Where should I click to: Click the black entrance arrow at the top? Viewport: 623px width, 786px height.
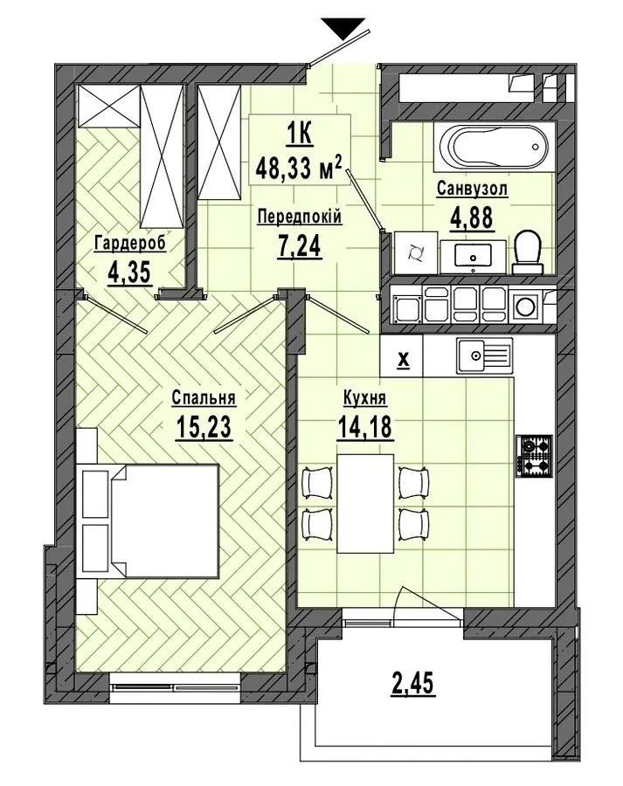coord(343,29)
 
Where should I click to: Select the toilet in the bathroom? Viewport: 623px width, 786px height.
coord(528,252)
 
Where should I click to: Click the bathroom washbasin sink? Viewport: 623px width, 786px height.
coord(474,256)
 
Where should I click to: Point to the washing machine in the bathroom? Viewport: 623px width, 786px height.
coord(415,253)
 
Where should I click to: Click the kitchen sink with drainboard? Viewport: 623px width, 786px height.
coord(485,356)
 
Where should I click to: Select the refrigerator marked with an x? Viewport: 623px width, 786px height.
coord(402,355)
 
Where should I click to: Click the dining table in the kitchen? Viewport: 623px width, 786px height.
coord(365,503)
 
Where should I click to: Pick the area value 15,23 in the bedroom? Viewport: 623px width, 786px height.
coord(204,427)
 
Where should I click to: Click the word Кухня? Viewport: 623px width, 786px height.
coord(364,398)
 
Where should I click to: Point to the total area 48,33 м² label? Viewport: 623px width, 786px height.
coord(299,168)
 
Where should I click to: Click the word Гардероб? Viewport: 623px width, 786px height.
coord(130,244)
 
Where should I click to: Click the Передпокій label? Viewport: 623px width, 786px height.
coord(300,217)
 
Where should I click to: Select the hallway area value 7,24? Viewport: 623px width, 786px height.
coord(299,245)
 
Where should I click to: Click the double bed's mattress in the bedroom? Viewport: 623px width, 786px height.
coord(164,521)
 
